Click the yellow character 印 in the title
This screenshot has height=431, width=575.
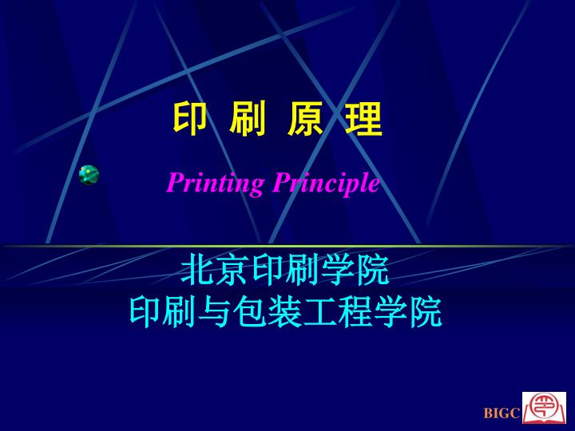coord(189,118)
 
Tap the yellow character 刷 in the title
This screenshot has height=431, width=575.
coord(248,118)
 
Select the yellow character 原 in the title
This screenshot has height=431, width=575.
coord(305,118)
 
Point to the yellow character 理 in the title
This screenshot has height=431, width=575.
coord(363,118)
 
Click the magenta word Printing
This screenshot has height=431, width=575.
coord(215,183)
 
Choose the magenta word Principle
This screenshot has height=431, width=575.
coord(326,183)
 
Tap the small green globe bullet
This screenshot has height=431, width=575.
coord(89,175)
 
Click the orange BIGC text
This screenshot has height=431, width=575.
coord(502,413)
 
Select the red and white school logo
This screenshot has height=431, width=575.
coord(544,408)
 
